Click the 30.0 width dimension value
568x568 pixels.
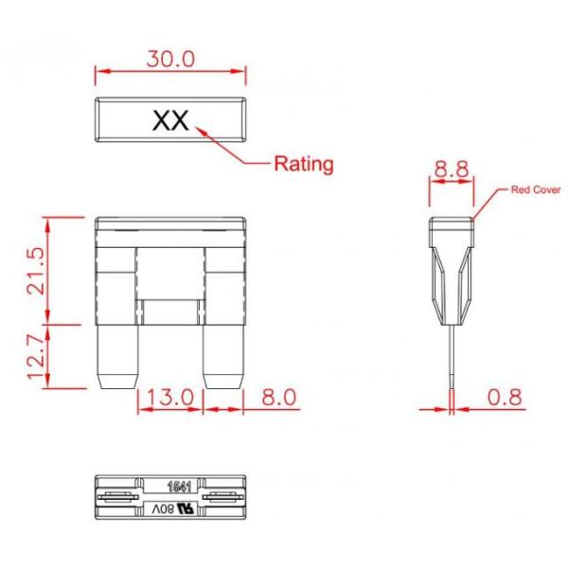coord(170,59)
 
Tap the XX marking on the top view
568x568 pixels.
coord(170,120)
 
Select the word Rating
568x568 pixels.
coord(304,164)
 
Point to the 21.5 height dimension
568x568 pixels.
coord(37,271)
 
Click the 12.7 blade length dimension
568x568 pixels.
coord(37,357)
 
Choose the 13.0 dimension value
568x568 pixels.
coord(170,397)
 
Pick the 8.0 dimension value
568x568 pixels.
coord(279,397)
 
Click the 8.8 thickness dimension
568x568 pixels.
coord(452,169)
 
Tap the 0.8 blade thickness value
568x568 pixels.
coord(505,397)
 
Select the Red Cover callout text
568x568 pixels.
coord(536,190)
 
